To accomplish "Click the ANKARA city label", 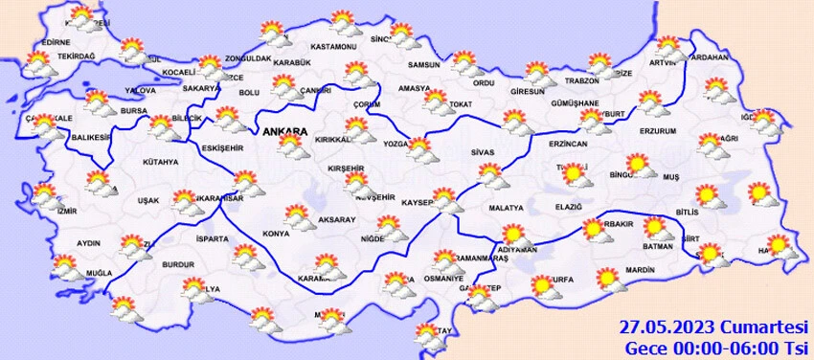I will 283,131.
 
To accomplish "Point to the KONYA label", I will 277,234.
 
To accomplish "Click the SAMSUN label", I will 423,65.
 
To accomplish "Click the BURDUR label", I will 179,263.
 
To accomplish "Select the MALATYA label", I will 506,208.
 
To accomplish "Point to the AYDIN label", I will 88,243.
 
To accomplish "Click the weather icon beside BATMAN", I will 656,229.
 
